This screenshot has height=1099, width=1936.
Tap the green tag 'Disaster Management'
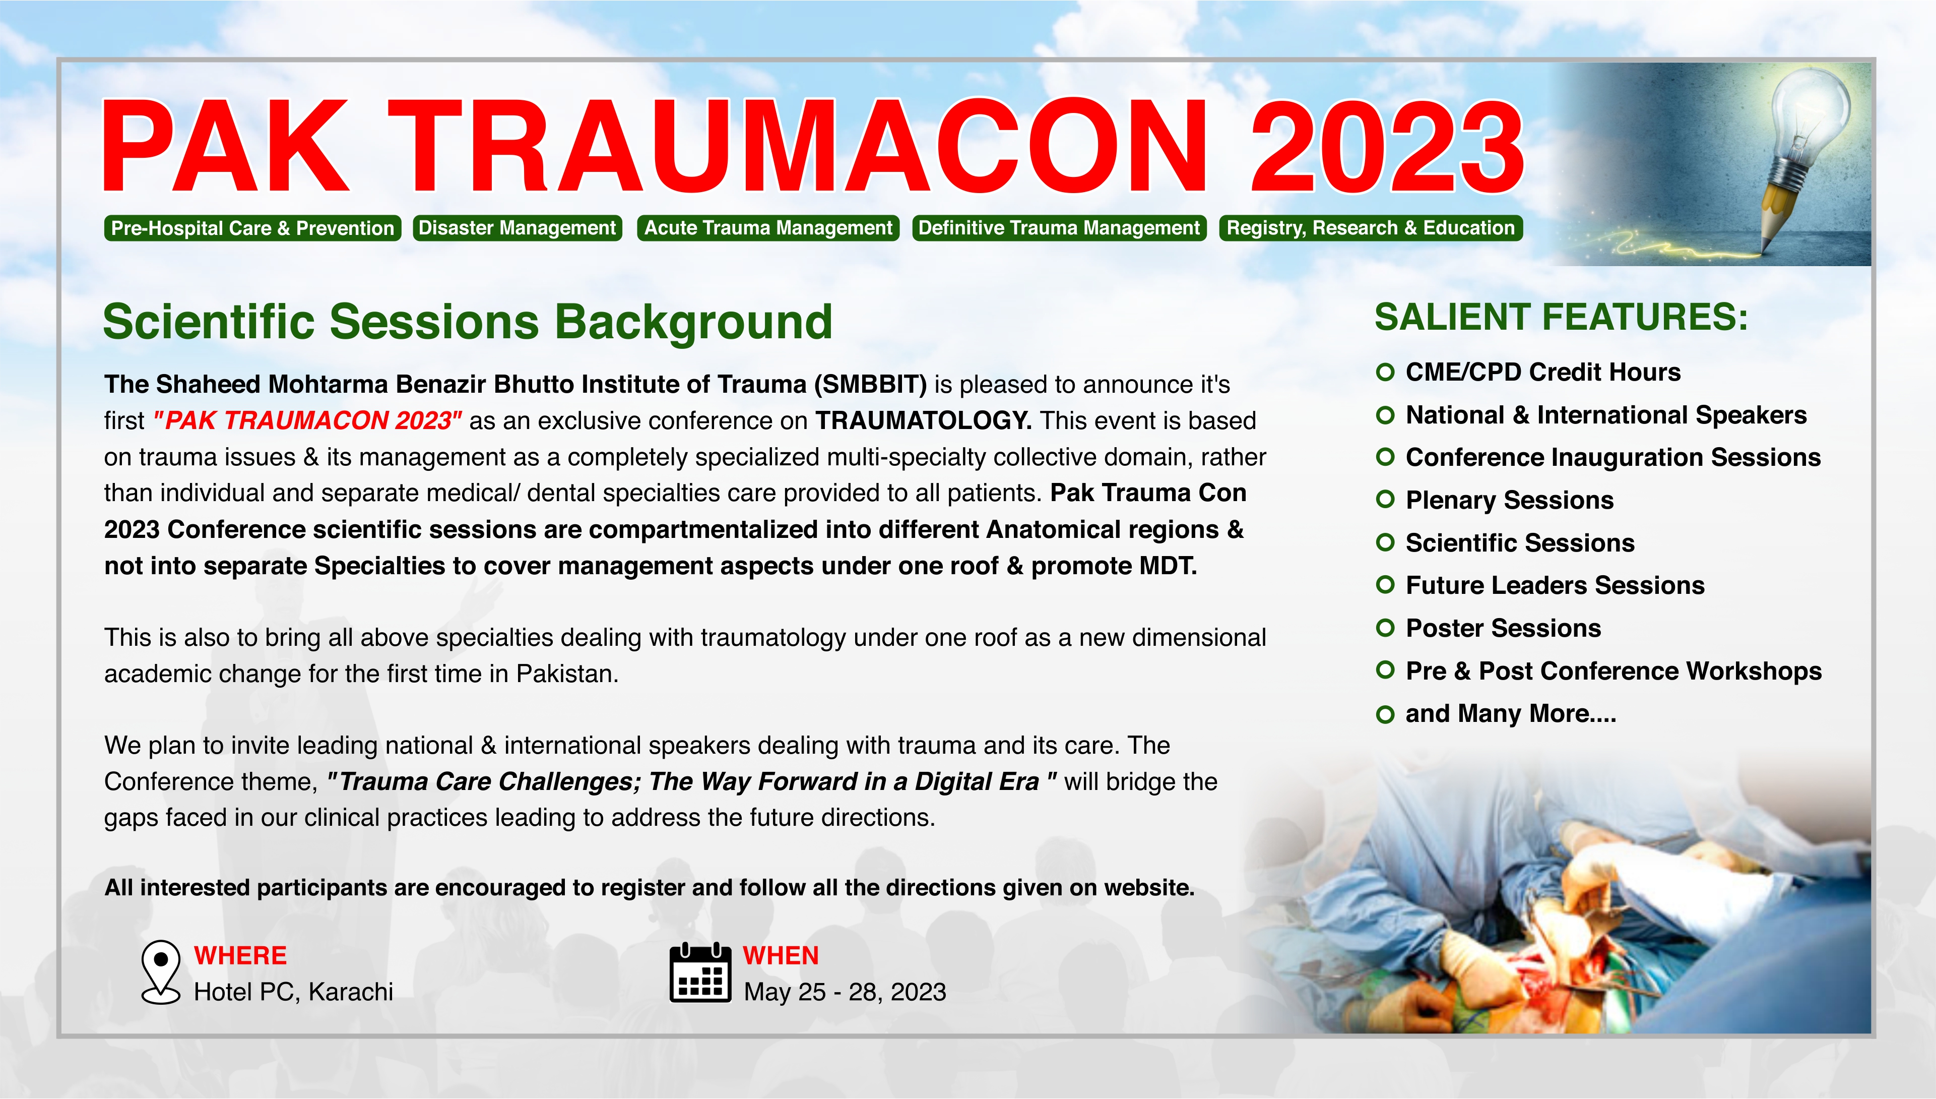(x=518, y=228)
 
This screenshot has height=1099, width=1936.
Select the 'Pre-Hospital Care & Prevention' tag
(x=253, y=228)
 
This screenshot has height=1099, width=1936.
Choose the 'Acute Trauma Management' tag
(x=768, y=228)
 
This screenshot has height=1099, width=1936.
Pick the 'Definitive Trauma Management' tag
(x=1059, y=228)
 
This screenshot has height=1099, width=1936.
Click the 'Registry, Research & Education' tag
(x=1371, y=228)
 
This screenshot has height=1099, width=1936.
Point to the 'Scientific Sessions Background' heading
(x=468, y=322)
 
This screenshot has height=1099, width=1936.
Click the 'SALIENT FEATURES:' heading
(x=1561, y=317)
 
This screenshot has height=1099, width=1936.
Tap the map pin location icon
(x=161, y=972)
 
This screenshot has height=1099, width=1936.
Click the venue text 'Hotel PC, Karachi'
(x=293, y=992)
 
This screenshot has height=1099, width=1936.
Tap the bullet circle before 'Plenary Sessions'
(x=1385, y=500)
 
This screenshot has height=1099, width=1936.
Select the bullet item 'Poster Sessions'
(x=1489, y=628)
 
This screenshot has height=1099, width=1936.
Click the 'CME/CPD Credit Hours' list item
(x=1528, y=372)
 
